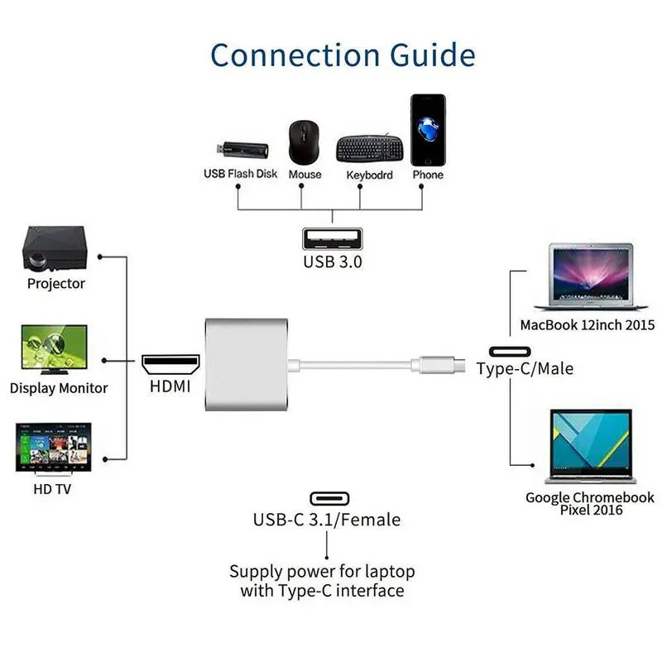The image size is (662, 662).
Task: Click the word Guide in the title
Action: pyautogui.click(x=432, y=55)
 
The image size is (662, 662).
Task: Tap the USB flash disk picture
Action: pyautogui.click(x=242, y=150)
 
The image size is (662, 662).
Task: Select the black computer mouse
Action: pyautogui.click(x=304, y=142)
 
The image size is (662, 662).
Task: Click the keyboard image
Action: pyautogui.click(x=369, y=149)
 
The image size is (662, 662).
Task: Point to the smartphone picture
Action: pyautogui.click(x=428, y=130)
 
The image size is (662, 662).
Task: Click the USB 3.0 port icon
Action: pyautogui.click(x=333, y=239)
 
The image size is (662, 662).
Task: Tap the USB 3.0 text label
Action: pyautogui.click(x=333, y=262)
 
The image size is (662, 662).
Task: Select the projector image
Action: pyautogui.click(x=55, y=248)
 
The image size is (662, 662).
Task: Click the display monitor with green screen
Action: pyautogui.click(x=54, y=349)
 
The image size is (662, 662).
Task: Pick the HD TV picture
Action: pyautogui.click(x=53, y=449)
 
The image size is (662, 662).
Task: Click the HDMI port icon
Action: pyautogui.click(x=170, y=364)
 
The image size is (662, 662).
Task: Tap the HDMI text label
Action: pyautogui.click(x=170, y=386)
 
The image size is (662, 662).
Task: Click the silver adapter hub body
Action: pyautogui.click(x=247, y=364)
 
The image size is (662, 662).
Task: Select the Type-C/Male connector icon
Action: pyautogui.click(x=510, y=352)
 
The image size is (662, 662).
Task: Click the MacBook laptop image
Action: pyautogui.click(x=591, y=277)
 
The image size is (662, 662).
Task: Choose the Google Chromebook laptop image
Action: pyautogui.click(x=591, y=446)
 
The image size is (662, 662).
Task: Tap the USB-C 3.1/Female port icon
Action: pyautogui.click(x=329, y=499)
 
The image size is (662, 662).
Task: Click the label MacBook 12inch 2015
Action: pyautogui.click(x=588, y=325)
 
